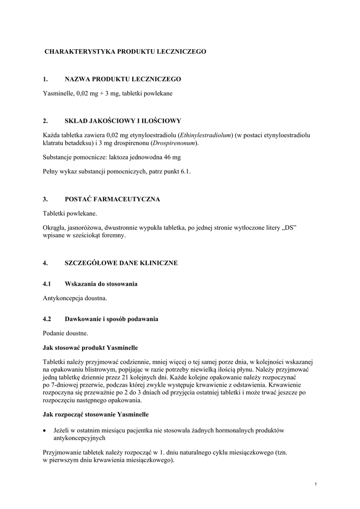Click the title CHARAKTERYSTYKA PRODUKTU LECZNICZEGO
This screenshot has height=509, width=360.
click(x=125, y=51)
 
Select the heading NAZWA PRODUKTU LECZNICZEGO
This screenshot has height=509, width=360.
click(x=123, y=79)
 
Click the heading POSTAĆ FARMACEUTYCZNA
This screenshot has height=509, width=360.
click(x=112, y=199)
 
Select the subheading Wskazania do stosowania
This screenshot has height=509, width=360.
click(x=101, y=284)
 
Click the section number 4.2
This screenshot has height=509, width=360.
click(x=48, y=319)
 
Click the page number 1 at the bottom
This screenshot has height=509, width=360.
click(x=316, y=484)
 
